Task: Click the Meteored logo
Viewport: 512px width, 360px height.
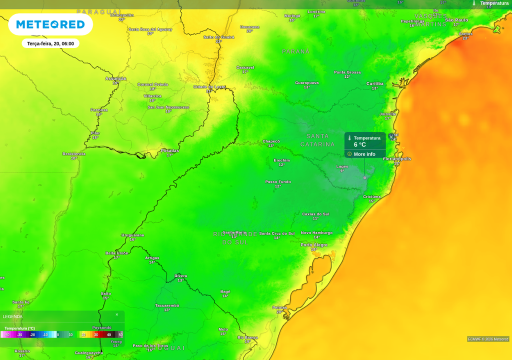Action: [50, 24]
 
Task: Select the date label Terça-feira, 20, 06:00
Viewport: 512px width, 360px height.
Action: [50, 44]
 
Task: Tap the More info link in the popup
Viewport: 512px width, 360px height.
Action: [364, 154]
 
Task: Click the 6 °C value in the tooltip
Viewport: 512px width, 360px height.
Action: [360, 144]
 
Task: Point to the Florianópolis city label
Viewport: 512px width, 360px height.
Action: [397, 159]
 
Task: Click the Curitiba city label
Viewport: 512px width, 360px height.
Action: [375, 83]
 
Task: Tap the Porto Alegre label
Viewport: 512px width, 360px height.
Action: [314, 244]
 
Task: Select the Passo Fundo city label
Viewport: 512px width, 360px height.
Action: [278, 181]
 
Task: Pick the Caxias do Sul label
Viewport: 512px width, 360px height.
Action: [315, 214]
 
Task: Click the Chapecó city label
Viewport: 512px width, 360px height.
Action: [271, 141]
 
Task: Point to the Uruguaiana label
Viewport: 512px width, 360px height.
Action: [132, 235]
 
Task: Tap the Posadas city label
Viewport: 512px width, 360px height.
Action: [169, 150]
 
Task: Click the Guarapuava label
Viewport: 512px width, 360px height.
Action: [306, 82]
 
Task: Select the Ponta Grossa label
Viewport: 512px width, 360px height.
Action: [347, 72]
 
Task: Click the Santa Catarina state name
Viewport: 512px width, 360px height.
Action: [317, 140]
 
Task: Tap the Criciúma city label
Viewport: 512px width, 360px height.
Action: [372, 196]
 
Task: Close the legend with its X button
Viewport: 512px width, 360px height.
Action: [117, 314]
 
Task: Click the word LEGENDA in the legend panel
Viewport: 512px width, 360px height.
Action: [12, 316]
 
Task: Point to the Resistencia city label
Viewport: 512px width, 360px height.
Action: [74, 153]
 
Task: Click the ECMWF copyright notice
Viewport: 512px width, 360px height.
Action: [488, 339]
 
